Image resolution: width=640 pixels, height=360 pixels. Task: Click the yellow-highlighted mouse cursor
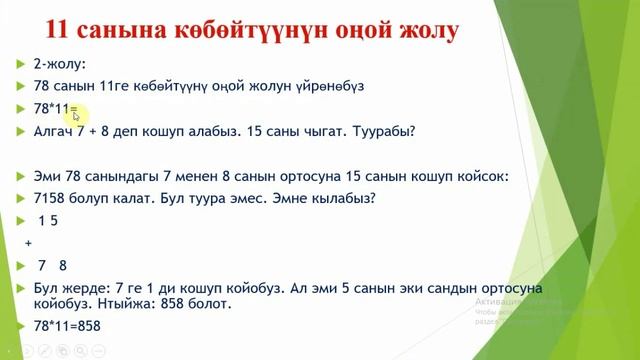point(76,115)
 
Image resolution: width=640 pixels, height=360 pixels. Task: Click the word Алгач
point(51,130)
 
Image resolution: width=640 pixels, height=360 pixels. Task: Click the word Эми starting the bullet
point(46,176)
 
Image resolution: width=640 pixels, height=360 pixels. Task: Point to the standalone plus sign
point(28,242)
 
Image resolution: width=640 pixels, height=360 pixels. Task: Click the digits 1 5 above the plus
point(49,220)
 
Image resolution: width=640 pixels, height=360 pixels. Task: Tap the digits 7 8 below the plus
point(52,266)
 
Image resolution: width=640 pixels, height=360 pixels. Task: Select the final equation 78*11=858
point(67,326)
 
